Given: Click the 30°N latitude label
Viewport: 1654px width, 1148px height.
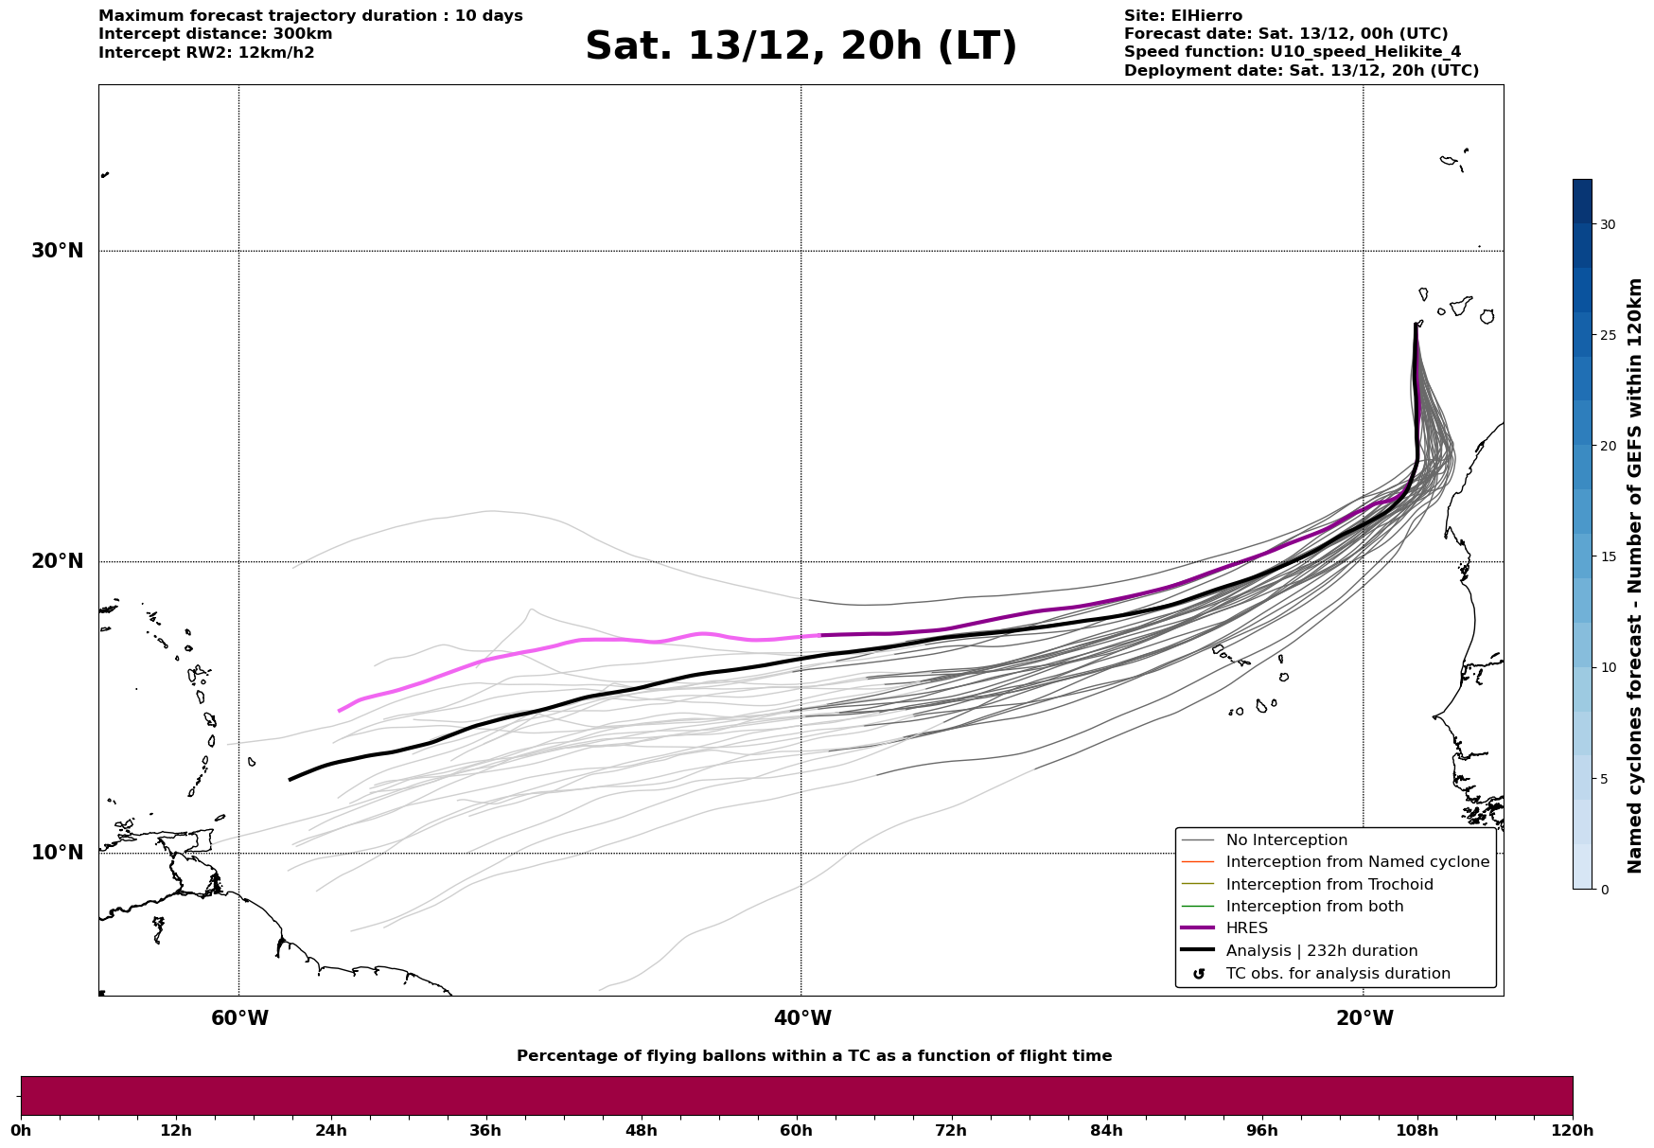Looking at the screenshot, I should tap(58, 251).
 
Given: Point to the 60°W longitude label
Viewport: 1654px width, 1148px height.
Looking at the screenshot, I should tap(239, 1018).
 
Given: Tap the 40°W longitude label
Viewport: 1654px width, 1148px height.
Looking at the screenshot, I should tap(802, 1018).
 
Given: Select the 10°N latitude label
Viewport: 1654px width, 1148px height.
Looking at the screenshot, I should tap(58, 853).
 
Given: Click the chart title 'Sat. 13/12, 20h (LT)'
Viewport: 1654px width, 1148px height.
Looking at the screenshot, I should tap(801, 46).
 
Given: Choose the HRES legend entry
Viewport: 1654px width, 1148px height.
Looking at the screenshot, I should tap(1246, 928).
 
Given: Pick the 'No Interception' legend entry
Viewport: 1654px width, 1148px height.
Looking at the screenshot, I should tap(1286, 840).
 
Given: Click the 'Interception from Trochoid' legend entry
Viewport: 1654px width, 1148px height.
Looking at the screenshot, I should tap(1328, 885).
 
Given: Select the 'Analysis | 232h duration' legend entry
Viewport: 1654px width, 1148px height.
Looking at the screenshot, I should tap(1321, 951).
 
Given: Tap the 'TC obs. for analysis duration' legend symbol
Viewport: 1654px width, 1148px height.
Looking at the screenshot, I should tap(1199, 974).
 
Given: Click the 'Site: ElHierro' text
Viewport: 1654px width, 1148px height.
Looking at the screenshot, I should tap(1183, 16).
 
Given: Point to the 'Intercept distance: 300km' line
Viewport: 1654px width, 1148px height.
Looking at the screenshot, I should tap(216, 34).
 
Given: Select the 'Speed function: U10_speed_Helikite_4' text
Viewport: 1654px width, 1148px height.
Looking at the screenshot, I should tap(1279, 52).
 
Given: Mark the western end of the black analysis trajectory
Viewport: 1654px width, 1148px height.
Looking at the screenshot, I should tap(290, 780).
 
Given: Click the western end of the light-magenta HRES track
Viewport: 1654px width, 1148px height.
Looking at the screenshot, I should tap(339, 711).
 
